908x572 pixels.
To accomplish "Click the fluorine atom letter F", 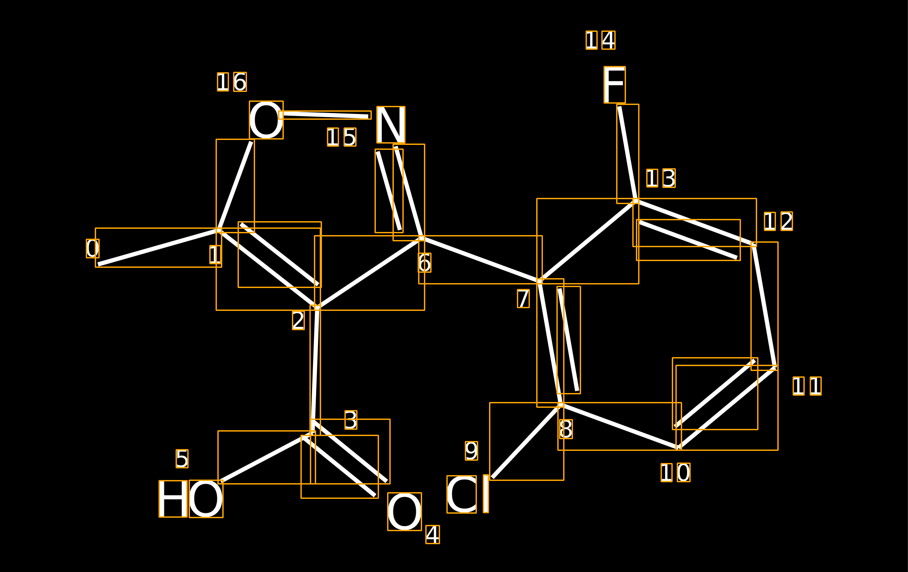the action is pos(614,85).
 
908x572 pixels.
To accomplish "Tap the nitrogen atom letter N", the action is pos(391,125).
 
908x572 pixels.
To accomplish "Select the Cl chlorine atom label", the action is pos(467,494).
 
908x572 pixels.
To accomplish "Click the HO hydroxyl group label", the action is pos(191,498).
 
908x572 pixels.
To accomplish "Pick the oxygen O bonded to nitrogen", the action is pos(266,120).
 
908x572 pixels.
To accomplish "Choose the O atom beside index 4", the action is pos(405,511).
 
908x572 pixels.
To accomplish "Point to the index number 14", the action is pos(600,40).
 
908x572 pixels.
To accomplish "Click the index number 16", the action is pos(232,82).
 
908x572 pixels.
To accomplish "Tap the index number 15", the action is pos(342,137).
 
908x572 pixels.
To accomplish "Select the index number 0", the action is pos(93,248).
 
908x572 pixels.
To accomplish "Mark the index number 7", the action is pos(523,298).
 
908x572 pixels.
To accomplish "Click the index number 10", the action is pos(675,472).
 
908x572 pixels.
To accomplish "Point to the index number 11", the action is pos(807,386).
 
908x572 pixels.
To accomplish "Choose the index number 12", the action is pos(778,221).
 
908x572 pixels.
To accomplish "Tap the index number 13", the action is pos(661,178).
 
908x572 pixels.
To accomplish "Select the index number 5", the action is pos(182,458).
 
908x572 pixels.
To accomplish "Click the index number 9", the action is pos(472,450).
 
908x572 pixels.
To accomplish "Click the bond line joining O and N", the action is pos(325,115).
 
